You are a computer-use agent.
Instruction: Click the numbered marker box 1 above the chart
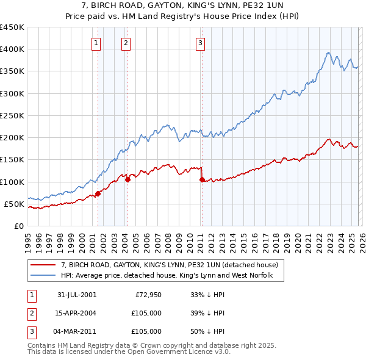point(97,43)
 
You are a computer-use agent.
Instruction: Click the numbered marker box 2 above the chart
point(126,43)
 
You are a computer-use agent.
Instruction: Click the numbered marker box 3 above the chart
point(200,43)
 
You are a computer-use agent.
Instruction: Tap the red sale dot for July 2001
point(98,193)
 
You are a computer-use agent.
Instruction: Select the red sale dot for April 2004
point(127,179)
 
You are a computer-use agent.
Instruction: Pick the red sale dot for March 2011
point(202,179)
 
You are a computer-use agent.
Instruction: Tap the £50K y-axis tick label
point(15,204)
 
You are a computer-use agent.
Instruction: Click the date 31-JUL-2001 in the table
point(77,295)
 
